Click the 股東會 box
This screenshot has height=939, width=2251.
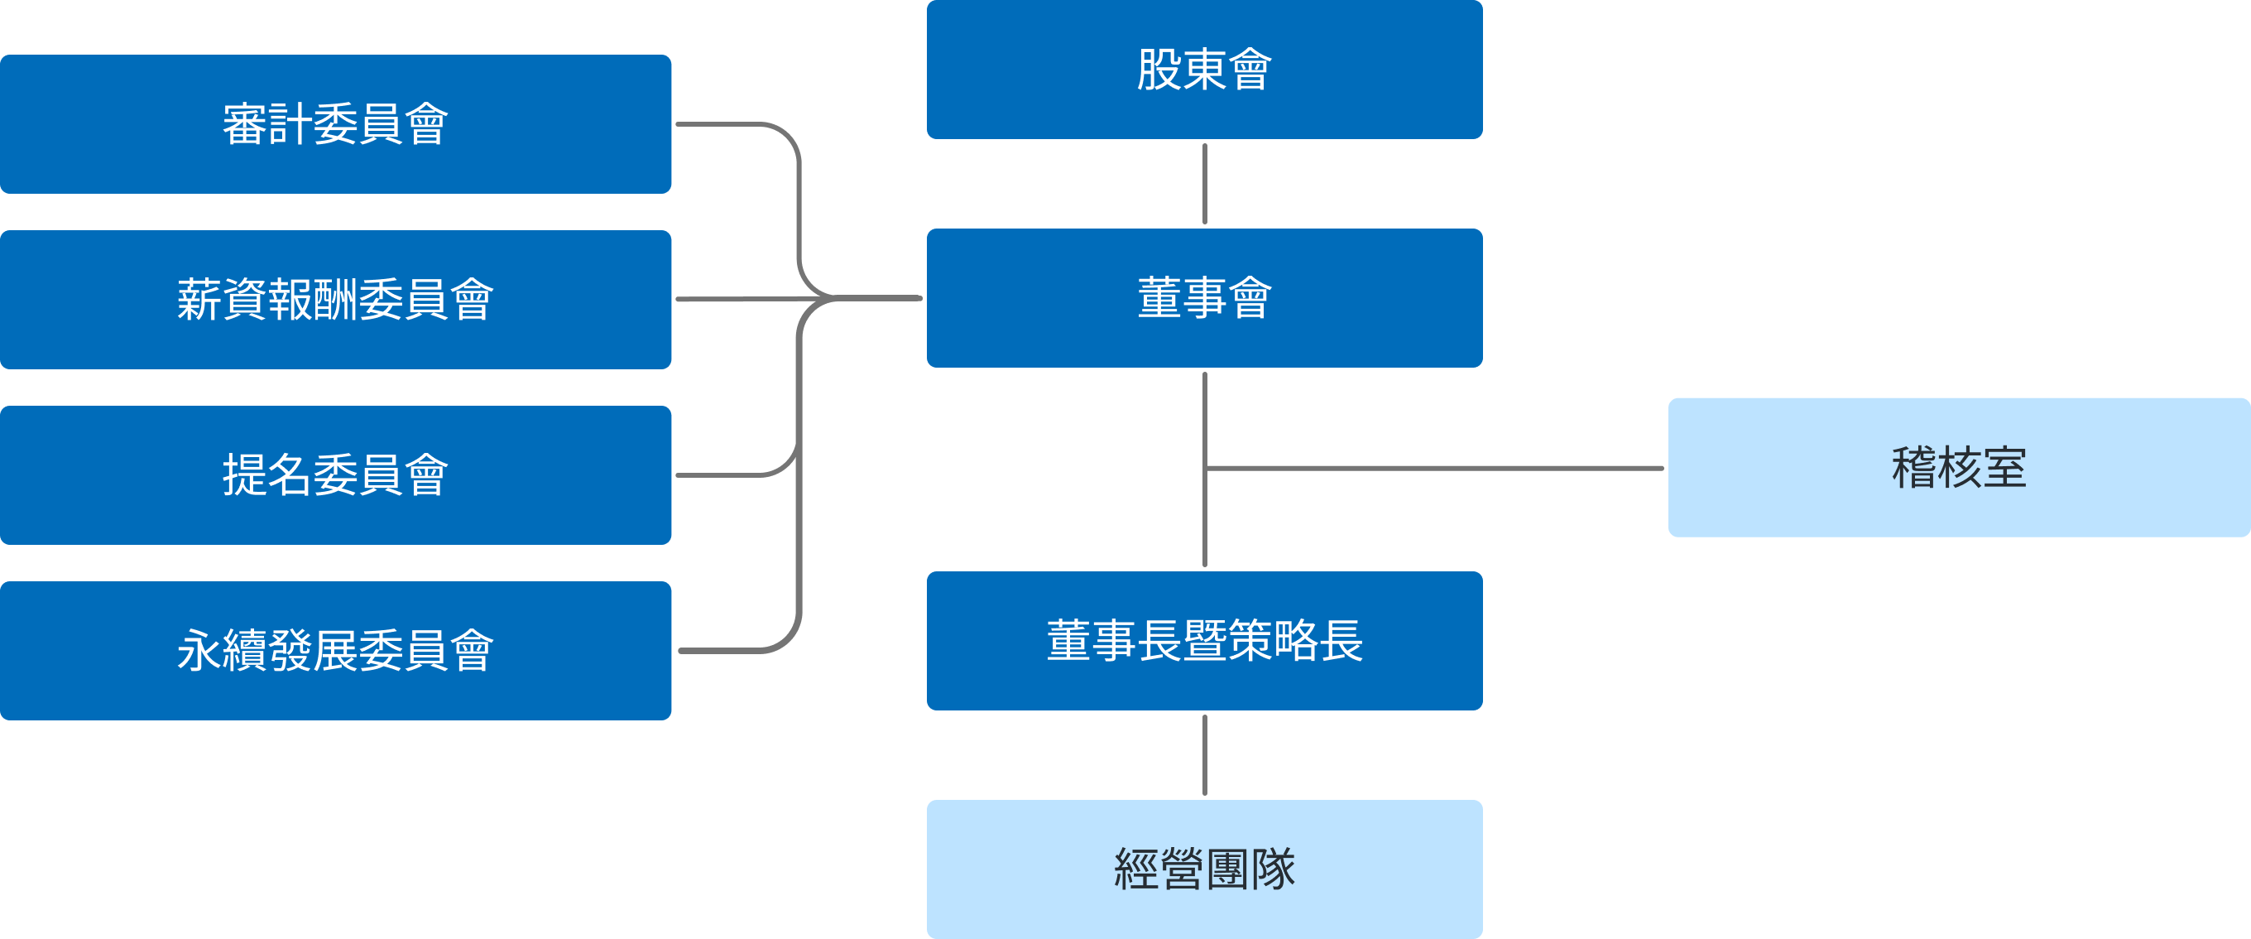click(1204, 70)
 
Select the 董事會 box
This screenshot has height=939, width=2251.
click(1204, 298)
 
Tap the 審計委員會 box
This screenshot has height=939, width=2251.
click(335, 124)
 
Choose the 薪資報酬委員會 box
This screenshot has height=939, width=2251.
click(335, 300)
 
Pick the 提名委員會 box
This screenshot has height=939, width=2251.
click(335, 475)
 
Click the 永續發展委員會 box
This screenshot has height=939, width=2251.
click(335, 652)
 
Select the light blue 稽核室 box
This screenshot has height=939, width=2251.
click(1958, 468)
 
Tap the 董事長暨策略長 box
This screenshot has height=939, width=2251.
click(1204, 641)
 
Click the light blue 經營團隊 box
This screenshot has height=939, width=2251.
click(1204, 869)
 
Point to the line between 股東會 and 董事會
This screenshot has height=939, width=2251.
click(1205, 184)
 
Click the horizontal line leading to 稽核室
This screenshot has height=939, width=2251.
click(1433, 469)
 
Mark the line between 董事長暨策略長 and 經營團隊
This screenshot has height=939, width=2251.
click(1205, 755)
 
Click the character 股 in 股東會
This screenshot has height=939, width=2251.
click(1159, 70)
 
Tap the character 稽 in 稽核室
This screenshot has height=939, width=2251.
click(1913, 468)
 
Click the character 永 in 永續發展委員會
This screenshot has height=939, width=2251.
click(199, 652)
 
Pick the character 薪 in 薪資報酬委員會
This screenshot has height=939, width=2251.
click(199, 300)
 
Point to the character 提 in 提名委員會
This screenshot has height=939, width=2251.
click(245, 475)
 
